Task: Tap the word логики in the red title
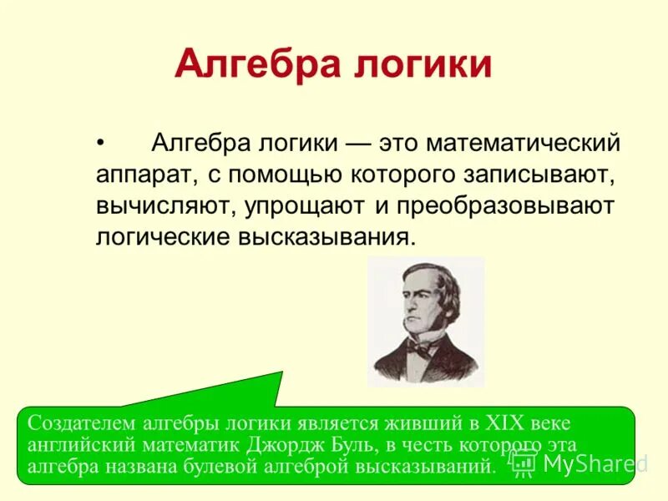point(427,64)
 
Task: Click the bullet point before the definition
point(101,144)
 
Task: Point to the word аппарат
point(144,175)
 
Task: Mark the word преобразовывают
point(505,205)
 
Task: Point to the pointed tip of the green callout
point(282,372)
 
